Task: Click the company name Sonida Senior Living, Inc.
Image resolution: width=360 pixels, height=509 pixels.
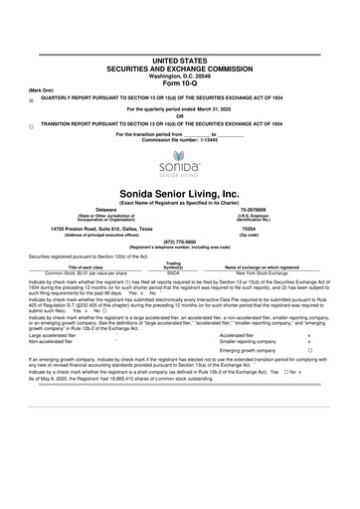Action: click(179, 193)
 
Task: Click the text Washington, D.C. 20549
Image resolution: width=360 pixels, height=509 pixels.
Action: click(179, 47)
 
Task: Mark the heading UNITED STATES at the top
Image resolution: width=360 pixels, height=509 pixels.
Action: click(179, 32)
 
